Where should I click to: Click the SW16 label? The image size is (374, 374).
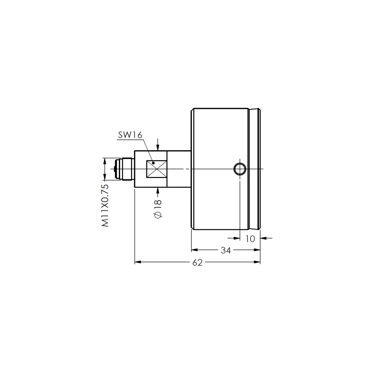[130, 135]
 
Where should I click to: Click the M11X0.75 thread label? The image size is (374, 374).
[105, 205]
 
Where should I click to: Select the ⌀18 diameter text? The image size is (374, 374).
[158, 209]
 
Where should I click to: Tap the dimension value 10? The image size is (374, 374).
[250, 239]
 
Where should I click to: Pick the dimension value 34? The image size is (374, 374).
[226, 250]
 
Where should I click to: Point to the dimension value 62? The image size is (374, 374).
[197, 263]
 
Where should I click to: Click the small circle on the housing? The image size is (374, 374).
[240, 169]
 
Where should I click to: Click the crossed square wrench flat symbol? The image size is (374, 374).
[156, 169]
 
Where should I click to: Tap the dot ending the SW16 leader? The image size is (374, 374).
[153, 163]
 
